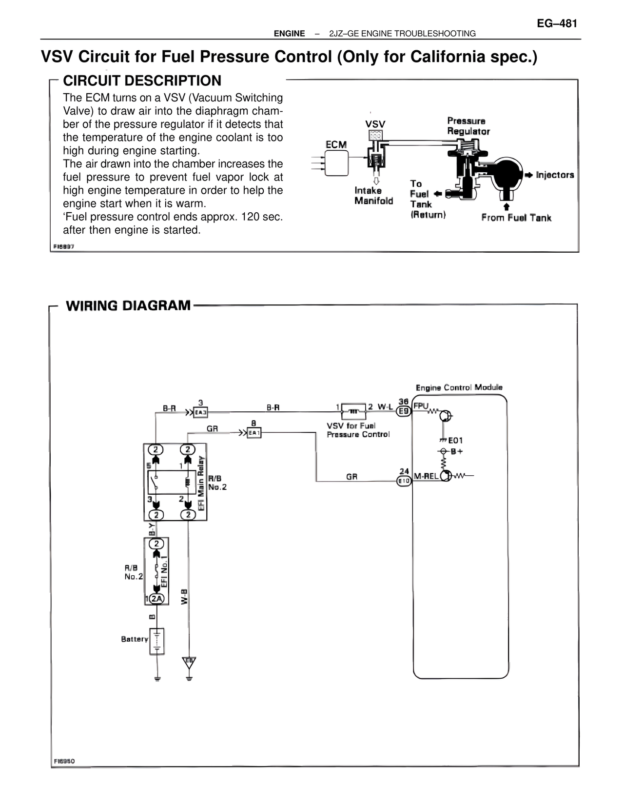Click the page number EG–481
tap(557, 23)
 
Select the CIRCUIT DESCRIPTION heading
tap(142, 81)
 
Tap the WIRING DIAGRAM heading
tap(128, 306)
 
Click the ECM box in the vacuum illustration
tap(336, 162)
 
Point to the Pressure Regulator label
tap(468, 126)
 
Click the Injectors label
tap(555, 175)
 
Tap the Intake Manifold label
tap(373, 196)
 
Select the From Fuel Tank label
tap(516, 218)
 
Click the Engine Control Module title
tap(459, 387)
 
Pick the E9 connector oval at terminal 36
tap(404, 411)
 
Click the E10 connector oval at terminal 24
tap(404, 481)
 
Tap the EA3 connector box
tap(201, 413)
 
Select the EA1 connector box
tap(254, 433)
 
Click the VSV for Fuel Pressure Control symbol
tap(353, 411)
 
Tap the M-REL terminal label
tap(426, 476)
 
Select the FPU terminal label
tap(421, 406)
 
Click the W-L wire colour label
tap(385, 406)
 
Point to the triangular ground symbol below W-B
tap(189, 663)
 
